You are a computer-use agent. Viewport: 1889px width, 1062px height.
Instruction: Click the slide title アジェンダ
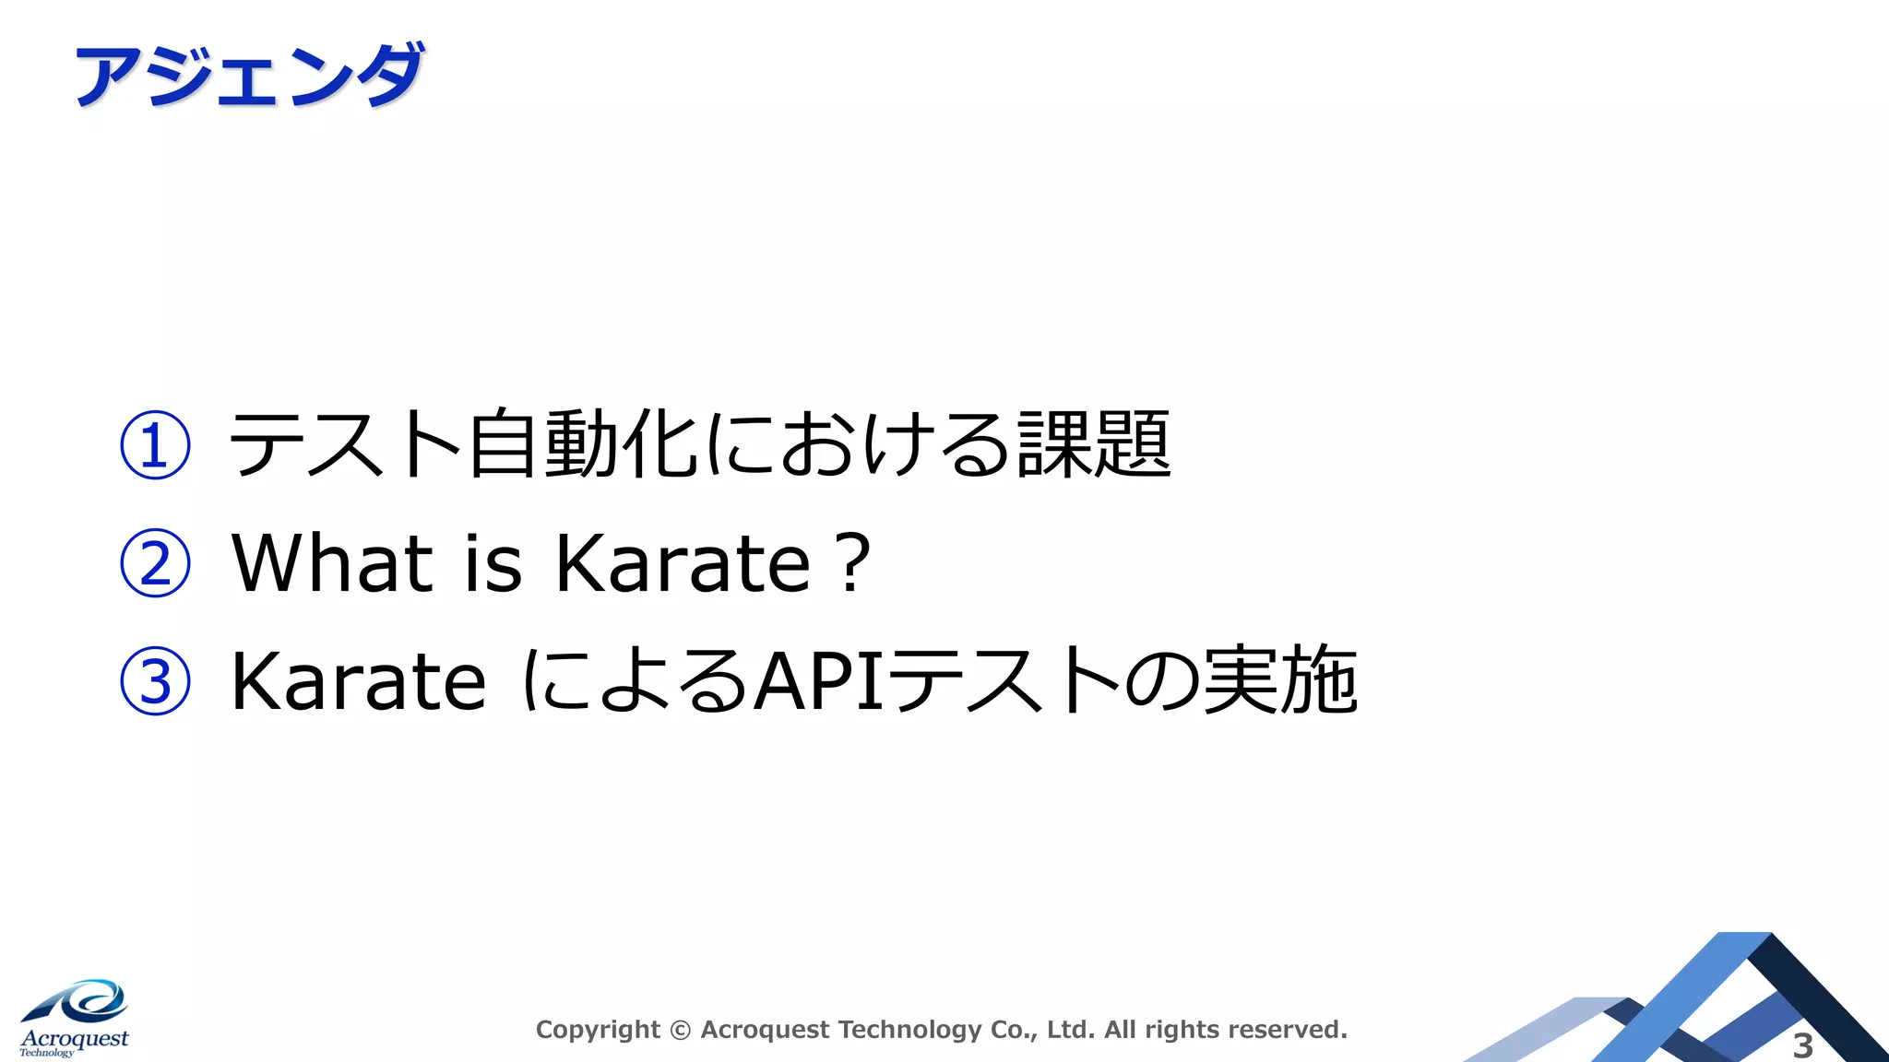pyautogui.click(x=249, y=76)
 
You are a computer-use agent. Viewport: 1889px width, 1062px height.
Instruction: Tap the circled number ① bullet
pyautogui.click(x=155, y=445)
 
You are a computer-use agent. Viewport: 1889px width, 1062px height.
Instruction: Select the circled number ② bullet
pyautogui.click(x=155, y=563)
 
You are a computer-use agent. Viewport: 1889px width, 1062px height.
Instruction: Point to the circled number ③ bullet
pyautogui.click(x=155, y=681)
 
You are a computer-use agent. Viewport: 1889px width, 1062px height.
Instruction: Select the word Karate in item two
pyautogui.click(x=683, y=562)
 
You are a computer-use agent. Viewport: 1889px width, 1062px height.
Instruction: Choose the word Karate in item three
pyautogui.click(x=358, y=682)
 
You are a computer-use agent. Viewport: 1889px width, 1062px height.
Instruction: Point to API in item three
pyautogui.click(x=821, y=682)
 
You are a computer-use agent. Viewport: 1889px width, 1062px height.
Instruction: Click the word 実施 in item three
pyautogui.click(x=1280, y=682)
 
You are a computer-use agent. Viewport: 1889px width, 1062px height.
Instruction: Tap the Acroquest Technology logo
pyautogui.click(x=75, y=1019)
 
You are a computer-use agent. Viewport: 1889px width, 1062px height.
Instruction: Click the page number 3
pyautogui.click(x=1802, y=1045)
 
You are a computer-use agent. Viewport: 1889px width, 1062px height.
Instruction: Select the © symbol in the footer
pyautogui.click(x=680, y=1031)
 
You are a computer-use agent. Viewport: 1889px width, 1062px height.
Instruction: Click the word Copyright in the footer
pyautogui.click(x=598, y=1030)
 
